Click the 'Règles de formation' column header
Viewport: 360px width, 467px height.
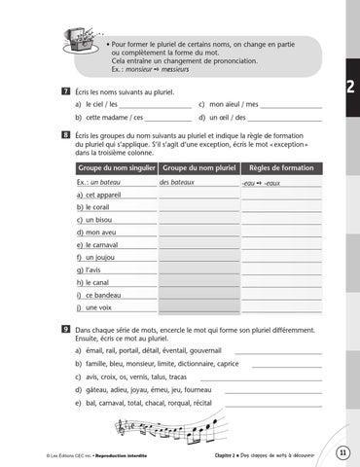(x=280, y=167)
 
